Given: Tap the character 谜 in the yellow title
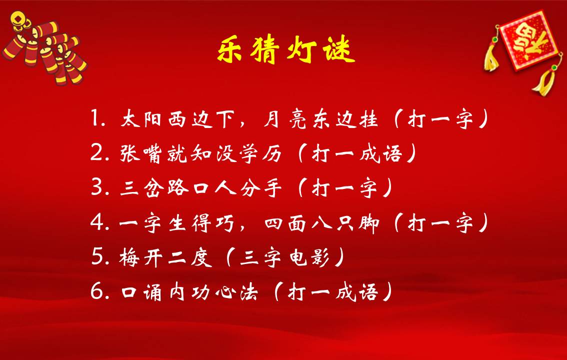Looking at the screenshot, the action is (339, 49).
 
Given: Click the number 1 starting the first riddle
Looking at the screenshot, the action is (95, 118).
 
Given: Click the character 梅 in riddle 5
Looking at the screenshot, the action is (128, 257).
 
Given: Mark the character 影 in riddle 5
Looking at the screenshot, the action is (320, 257).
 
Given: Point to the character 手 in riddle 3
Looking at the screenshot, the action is (272, 188).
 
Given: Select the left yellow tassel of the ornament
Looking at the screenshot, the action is (492, 58).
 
